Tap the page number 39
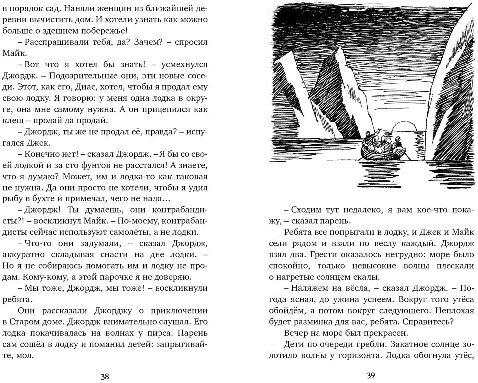(370, 376)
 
